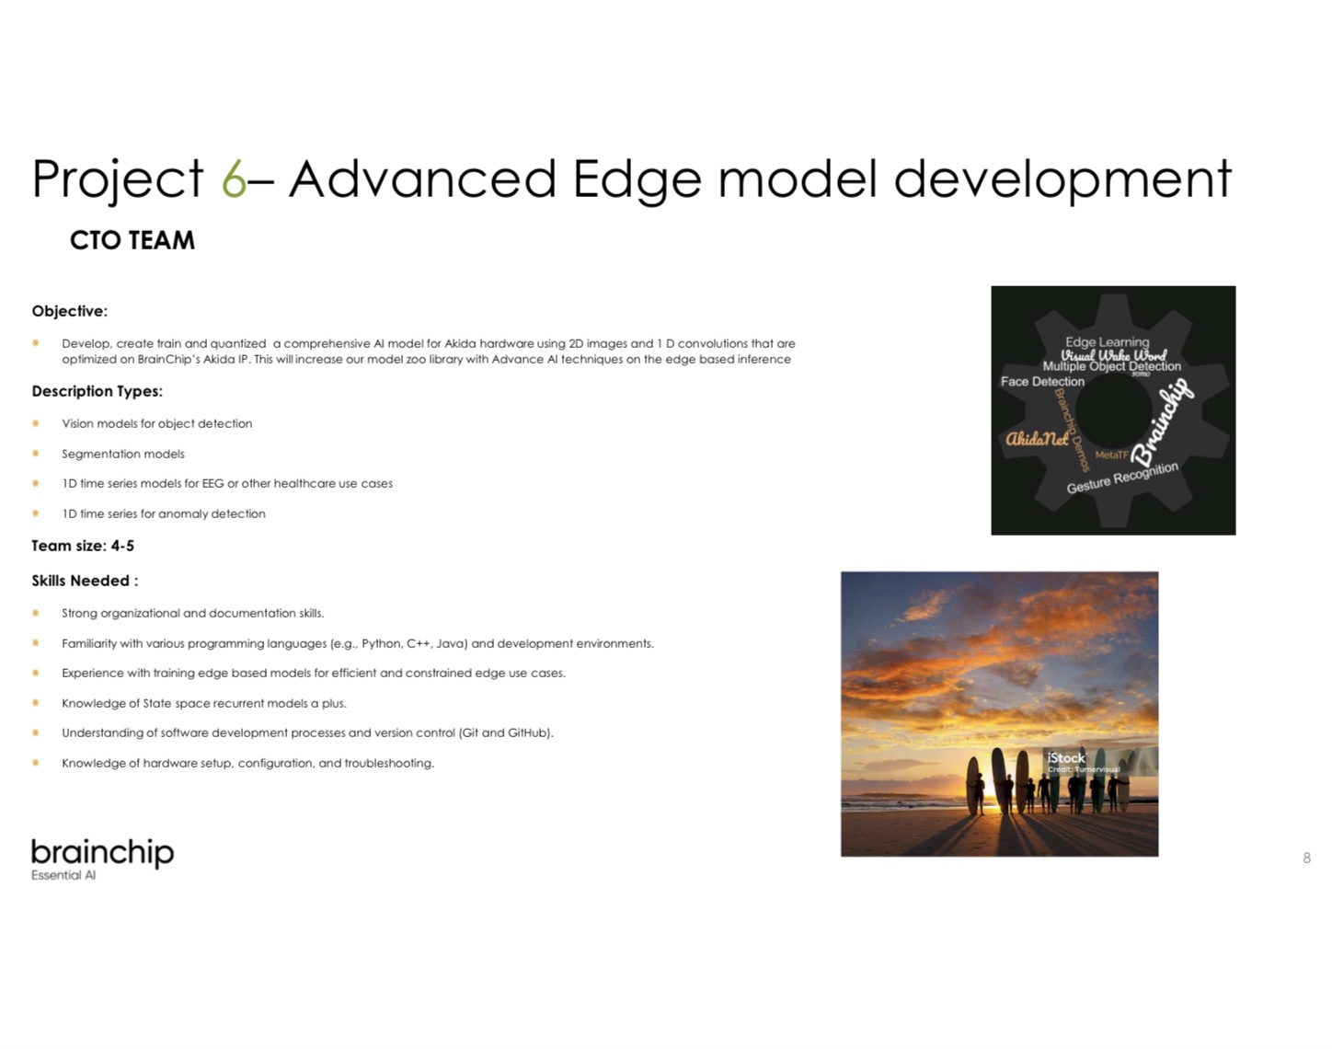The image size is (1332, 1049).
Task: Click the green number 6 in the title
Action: (234, 179)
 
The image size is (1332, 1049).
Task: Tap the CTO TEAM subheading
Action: (132, 240)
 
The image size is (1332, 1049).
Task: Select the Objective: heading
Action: (69, 311)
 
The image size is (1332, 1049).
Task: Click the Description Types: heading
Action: (98, 391)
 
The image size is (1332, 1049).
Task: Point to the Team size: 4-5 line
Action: (83, 546)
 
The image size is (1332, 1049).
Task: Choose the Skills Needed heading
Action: (85, 581)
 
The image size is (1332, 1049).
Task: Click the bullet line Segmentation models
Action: (123, 454)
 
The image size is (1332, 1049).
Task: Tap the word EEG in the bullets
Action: (212, 483)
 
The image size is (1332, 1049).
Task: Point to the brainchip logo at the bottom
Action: (103, 853)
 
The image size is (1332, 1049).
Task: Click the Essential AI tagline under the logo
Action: (63, 875)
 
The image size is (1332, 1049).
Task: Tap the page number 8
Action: (1306, 858)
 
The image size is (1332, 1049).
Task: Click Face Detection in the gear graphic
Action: (1042, 382)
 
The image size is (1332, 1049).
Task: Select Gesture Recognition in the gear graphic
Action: (1122, 478)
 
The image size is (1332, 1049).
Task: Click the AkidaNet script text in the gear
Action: (1037, 438)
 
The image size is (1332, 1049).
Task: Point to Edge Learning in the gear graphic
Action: (1108, 341)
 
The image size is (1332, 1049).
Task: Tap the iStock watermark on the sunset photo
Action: (1066, 757)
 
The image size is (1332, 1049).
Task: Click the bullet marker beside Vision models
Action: (35, 423)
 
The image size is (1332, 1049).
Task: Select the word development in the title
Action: (1062, 179)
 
